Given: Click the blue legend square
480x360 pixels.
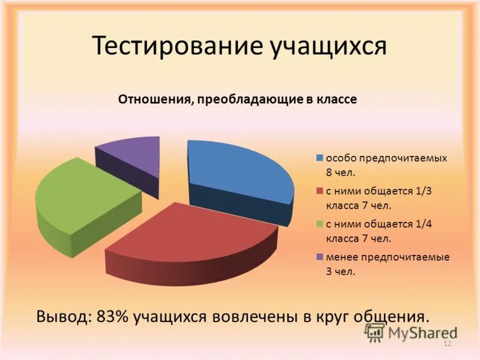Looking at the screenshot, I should (x=320, y=158).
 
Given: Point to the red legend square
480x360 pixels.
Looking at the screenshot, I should (x=320, y=191).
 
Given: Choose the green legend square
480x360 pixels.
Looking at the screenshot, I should (x=320, y=224).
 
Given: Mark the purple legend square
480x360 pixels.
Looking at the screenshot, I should (x=320, y=257).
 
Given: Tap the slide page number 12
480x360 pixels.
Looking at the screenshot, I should (x=446, y=344).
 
